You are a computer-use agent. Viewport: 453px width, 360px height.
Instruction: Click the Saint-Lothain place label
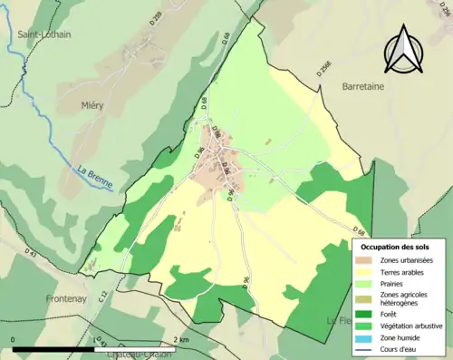(44, 34)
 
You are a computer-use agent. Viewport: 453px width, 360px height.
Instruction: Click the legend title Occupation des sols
(397, 246)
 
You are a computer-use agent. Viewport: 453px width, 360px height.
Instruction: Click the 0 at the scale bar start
(14, 339)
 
